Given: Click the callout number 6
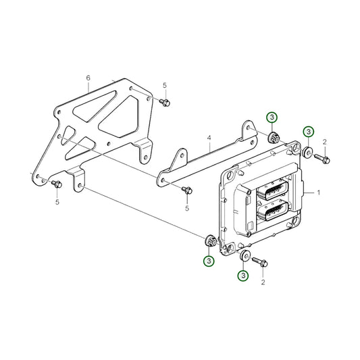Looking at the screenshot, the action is coord(88,78).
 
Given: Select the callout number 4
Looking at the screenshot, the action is coord(209,138).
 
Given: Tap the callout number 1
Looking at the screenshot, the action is coord(318,192).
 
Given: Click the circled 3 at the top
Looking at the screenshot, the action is coord(272,118).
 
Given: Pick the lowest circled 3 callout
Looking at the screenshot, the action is coord(243,275).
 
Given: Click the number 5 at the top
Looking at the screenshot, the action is coord(165,85).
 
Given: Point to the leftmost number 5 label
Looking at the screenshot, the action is coord(57,202).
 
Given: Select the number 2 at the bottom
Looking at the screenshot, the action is coord(263,282).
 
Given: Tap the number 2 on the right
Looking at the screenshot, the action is coord(324,142).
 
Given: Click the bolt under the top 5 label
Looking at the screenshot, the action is coord(165,103).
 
